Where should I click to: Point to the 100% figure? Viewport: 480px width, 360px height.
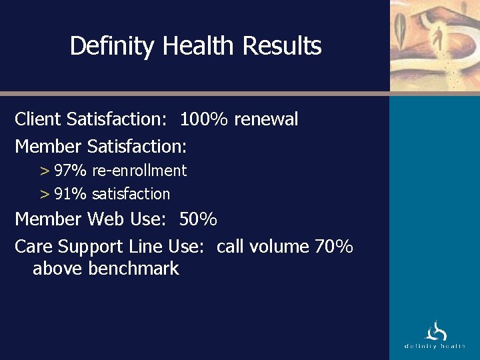[x=204, y=119]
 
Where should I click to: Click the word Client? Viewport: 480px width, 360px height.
[x=39, y=119]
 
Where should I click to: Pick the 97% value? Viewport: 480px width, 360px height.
[x=71, y=171]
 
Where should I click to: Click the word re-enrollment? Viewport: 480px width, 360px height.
[x=139, y=171]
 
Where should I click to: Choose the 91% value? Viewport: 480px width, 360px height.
[x=71, y=194]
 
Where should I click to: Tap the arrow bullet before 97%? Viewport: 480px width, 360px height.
[x=45, y=171]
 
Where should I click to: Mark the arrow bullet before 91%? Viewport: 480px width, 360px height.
[x=45, y=195]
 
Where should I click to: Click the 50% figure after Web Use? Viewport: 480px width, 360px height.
[x=199, y=219]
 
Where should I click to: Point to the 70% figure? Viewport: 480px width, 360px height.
[x=333, y=247]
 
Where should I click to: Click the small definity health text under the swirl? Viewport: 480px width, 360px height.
[x=435, y=346]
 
